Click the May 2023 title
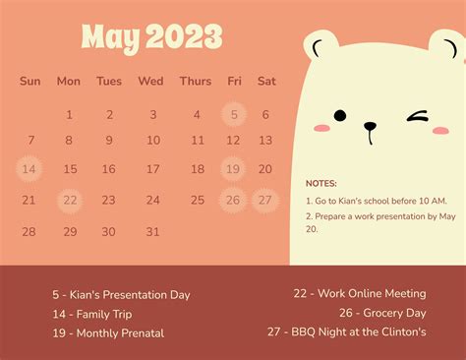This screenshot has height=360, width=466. (151, 37)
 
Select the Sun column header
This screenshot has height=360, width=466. (30, 82)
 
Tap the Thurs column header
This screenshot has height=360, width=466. (195, 82)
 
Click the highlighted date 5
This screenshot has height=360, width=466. (234, 115)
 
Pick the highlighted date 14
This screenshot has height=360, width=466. (29, 170)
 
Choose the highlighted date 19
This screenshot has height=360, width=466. (234, 170)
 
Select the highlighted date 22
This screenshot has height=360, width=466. (69, 201)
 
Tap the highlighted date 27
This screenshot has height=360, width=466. (264, 201)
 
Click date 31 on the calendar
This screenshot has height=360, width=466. (152, 232)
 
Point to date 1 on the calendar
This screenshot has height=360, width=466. (69, 115)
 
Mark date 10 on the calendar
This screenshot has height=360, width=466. (152, 142)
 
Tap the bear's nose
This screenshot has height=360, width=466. (370, 125)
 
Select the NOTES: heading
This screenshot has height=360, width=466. (321, 184)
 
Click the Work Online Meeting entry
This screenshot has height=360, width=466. (359, 293)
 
